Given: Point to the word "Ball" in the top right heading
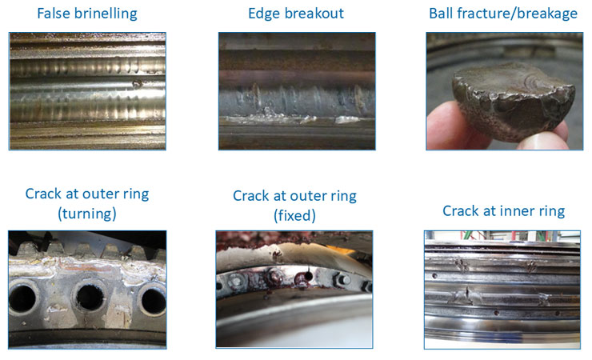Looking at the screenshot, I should (x=442, y=14).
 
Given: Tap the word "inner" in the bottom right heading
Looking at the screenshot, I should (x=513, y=211).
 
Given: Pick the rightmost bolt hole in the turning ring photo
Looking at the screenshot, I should (x=152, y=300).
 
